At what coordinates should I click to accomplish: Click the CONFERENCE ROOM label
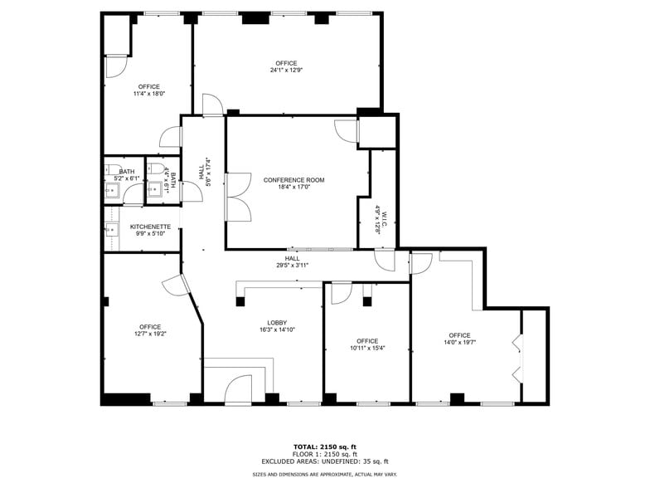point(293,180)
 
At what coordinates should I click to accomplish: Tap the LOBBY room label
point(276,323)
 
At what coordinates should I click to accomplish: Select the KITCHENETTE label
point(150,227)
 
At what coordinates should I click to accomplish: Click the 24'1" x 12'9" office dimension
point(286,71)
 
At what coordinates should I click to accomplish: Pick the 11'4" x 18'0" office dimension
point(149,94)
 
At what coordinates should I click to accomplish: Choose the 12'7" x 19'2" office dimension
point(150,334)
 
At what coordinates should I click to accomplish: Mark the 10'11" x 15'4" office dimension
point(367,348)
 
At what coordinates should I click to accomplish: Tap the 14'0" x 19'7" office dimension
point(459,342)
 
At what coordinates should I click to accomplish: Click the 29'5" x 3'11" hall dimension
point(293,266)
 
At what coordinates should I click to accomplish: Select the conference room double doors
point(237,197)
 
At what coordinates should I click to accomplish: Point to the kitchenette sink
point(113,228)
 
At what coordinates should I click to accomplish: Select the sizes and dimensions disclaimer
point(325,474)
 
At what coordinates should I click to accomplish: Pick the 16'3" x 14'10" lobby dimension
point(276,329)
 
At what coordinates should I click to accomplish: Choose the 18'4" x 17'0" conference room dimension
point(293,187)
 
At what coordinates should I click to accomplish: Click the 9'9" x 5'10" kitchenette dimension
point(150,233)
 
